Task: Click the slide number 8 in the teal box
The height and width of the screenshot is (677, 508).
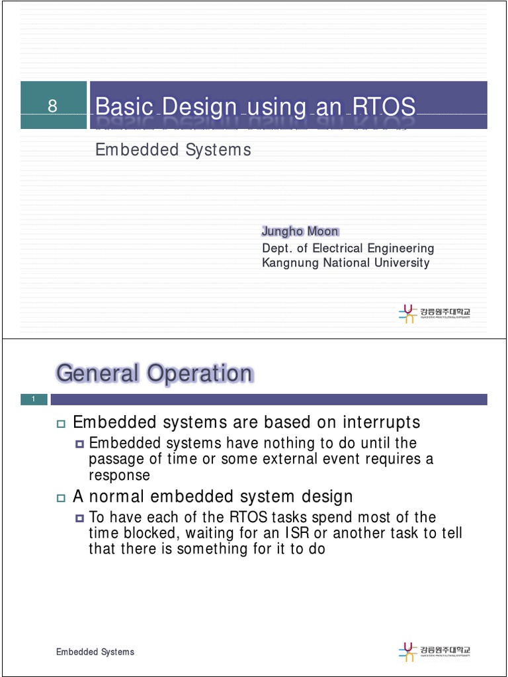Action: (x=53, y=106)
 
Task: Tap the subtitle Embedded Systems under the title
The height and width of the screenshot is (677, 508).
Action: (x=173, y=150)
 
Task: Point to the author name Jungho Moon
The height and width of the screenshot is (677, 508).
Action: (x=300, y=231)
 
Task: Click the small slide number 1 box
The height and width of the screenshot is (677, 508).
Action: (x=33, y=399)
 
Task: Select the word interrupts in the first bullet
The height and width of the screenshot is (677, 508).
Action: (x=381, y=422)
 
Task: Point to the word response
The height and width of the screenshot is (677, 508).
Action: (x=119, y=475)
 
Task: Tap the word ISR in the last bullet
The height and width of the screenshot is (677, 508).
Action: (x=297, y=533)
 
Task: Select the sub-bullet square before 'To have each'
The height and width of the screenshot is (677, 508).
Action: (x=81, y=518)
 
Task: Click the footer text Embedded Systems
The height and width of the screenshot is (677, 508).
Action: (x=95, y=652)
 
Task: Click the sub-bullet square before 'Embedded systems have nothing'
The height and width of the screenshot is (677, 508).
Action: (x=81, y=444)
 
